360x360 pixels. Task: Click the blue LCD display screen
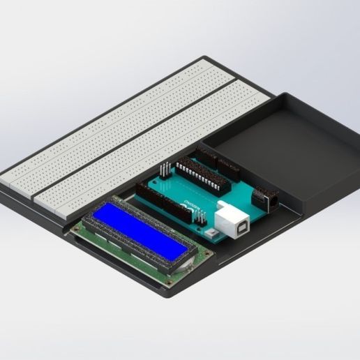click(140, 227)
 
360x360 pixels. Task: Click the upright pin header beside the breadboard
click(165, 171)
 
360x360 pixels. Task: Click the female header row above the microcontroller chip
click(216, 161)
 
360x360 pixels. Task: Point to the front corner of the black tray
click(167, 293)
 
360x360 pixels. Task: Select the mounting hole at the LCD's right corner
click(206, 256)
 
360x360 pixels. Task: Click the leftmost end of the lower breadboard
click(38, 199)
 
